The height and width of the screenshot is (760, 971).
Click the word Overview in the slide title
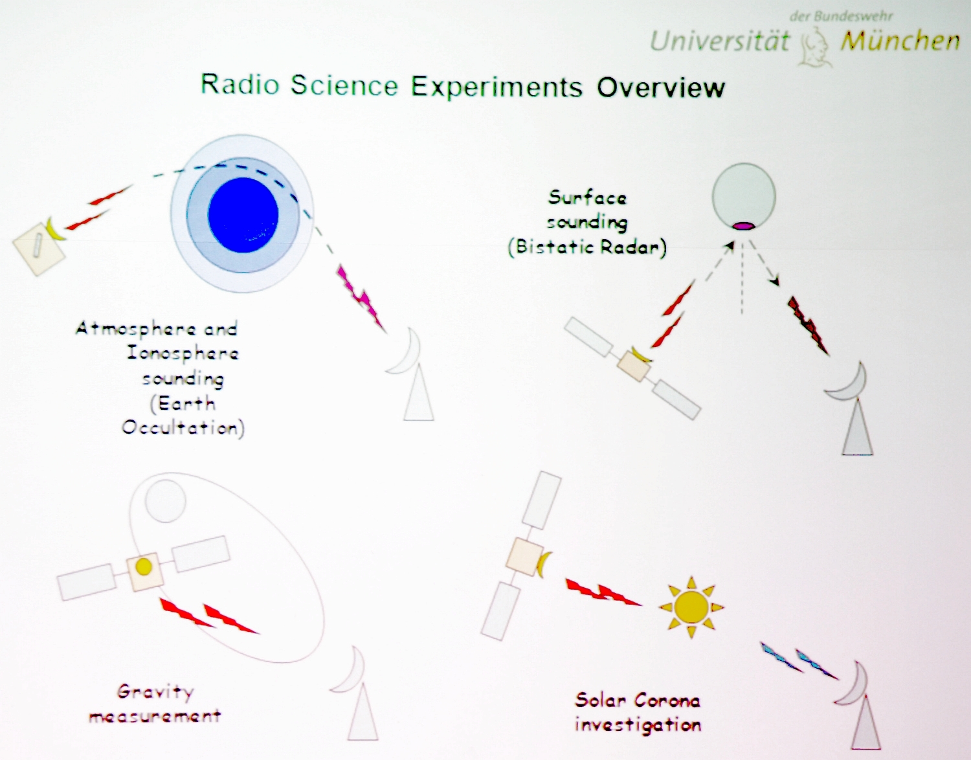point(661,87)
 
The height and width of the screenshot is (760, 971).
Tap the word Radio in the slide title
point(240,84)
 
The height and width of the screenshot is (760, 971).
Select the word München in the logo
point(900,41)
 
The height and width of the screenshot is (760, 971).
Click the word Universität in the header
point(720,41)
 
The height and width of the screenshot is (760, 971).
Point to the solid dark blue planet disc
point(243,215)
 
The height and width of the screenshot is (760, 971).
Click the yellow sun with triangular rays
point(691,607)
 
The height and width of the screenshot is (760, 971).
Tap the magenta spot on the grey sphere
point(744,226)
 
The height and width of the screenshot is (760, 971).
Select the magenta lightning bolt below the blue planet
point(361,298)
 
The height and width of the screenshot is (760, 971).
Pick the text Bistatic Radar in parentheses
point(587,247)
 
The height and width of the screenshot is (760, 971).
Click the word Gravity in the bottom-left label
point(155,692)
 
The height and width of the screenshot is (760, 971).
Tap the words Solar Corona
point(637,700)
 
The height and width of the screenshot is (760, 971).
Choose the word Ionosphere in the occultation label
point(183,354)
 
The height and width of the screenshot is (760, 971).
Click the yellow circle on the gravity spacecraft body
point(144,567)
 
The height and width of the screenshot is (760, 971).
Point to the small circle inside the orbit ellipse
point(165,501)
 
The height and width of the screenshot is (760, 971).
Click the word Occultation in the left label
point(183,428)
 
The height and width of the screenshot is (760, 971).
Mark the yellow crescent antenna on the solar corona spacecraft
point(542,564)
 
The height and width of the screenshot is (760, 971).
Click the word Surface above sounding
point(587,197)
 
